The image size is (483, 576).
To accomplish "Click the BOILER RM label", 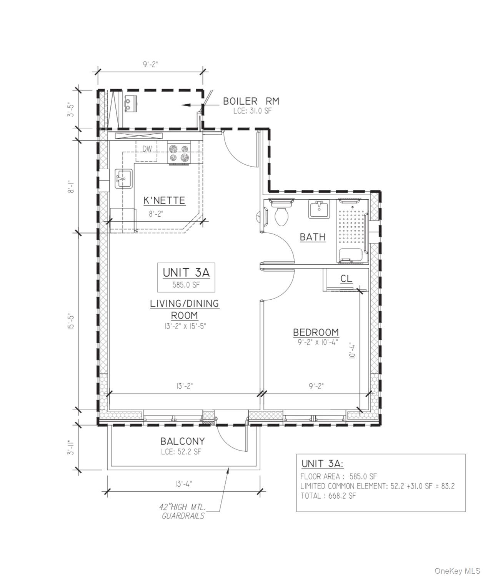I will coord(251,101).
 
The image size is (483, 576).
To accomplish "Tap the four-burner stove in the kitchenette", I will coord(179,153).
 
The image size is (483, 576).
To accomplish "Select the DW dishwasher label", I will coord(147,149).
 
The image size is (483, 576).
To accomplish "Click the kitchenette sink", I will coord(123,179).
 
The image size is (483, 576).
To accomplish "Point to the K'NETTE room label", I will coord(164,200).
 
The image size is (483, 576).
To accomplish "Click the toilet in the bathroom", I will coord(281,213).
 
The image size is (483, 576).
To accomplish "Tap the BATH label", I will coord(312,237).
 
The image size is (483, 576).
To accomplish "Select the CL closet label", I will coord(346,279).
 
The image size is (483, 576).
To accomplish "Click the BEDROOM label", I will coord(316,332).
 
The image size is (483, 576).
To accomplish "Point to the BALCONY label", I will coord(182,441).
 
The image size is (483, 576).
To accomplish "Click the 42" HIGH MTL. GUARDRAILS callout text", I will coord(182,511).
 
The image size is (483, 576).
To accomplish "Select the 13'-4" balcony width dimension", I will coord(183,484).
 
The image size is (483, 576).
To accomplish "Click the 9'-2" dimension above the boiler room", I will coord(150,64).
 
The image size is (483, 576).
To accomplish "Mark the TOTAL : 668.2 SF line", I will coord(328,496).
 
